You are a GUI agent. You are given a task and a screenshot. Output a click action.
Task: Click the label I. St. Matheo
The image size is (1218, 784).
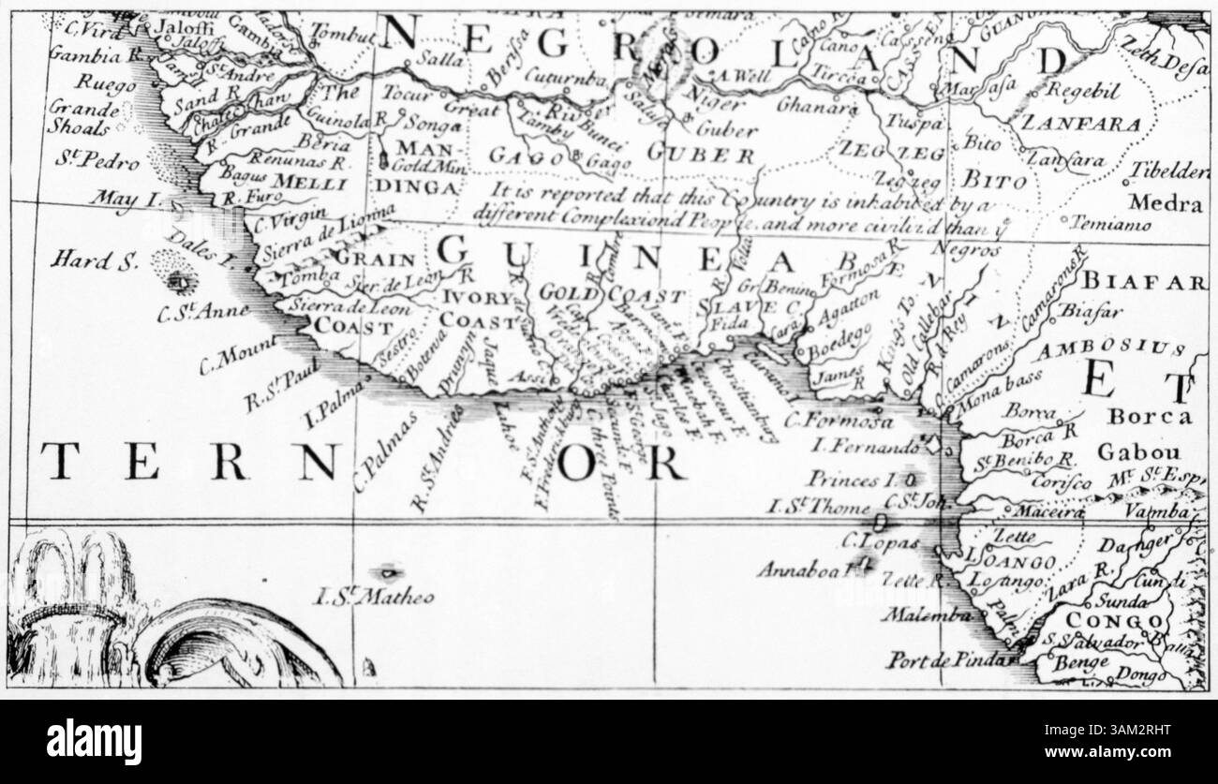click(375, 596)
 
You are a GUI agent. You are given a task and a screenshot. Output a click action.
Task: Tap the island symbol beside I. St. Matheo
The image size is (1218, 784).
click(386, 570)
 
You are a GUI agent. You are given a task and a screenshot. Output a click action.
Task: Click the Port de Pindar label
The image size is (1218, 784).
click(945, 658)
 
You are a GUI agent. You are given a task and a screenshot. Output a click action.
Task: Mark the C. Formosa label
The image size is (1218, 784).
click(826, 420)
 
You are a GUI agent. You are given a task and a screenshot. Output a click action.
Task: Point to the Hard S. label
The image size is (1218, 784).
click(93, 259)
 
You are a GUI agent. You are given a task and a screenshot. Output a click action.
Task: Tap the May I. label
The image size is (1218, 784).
click(130, 200)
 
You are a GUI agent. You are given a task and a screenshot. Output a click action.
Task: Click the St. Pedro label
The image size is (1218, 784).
click(95, 159)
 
